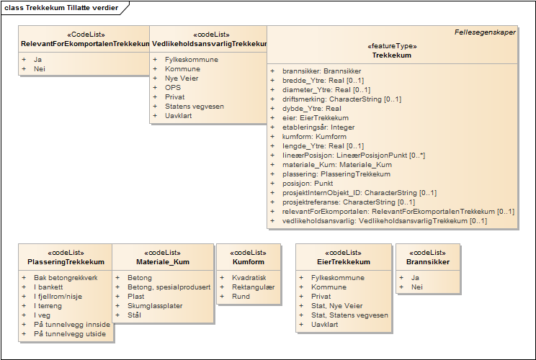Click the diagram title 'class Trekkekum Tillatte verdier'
tap(61, 8)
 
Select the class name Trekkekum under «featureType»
tap(392, 55)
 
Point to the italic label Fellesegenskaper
tap(485, 32)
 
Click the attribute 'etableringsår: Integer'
tap(318, 127)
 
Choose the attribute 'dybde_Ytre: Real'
tap(312, 109)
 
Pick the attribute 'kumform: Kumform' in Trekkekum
tap(314, 137)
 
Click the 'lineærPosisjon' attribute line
tap(354, 156)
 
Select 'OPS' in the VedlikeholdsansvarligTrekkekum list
tap(173, 87)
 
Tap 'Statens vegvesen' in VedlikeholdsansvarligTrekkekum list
tap(195, 107)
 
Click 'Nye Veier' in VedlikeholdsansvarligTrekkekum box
tap(182, 78)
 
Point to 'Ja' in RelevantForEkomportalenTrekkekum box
tap(37, 60)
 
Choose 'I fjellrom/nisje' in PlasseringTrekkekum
tap(58, 297)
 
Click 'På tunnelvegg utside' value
tap(70, 334)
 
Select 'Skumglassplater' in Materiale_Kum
tap(155, 306)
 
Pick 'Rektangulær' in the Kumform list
tap(253, 287)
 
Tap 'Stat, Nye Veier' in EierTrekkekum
tap(336, 306)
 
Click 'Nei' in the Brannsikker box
tap(416, 287)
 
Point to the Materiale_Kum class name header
tap(163, 262)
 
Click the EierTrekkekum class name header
tap(344, 262)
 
